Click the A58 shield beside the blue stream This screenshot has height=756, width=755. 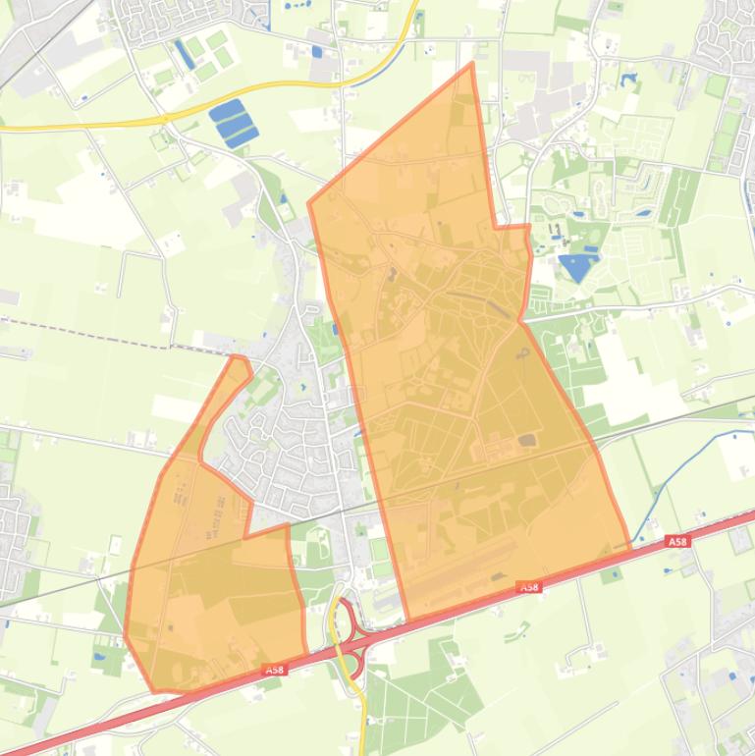coord(675,541)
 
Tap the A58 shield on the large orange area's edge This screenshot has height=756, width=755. coord(529,587)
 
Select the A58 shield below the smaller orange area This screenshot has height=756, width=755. coord(275,670)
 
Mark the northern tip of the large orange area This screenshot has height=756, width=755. coord(472,65)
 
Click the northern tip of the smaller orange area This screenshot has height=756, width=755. coord(237,357)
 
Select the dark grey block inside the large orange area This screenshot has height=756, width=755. coord(527,441)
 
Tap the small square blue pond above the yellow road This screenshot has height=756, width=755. coord(315,51)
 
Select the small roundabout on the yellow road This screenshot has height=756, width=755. coord(165,119)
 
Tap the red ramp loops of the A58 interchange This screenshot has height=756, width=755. coord(346,638)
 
